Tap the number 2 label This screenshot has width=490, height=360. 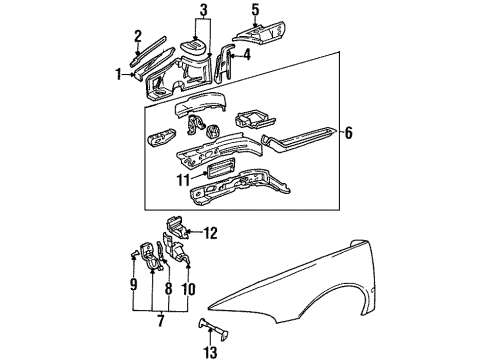coord(138,36)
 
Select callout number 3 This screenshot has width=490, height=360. coord(203,12)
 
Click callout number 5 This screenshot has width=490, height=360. coord(255,12)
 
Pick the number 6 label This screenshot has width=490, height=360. coord(347,132)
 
